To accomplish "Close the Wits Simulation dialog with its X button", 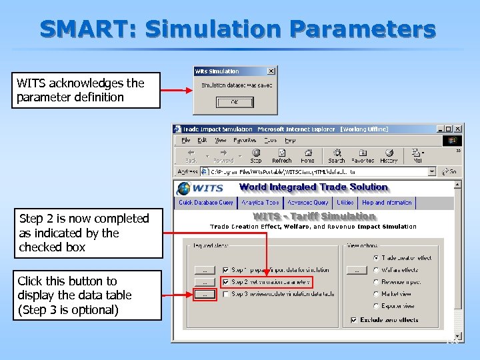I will tap(271, 71).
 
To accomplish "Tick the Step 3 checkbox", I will tap(226, 294).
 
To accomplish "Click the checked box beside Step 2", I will tap(226, 282).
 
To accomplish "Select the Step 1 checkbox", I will tap(226, 270).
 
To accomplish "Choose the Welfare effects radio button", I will tap(377, 270).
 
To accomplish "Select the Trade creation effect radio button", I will tap(377, 257).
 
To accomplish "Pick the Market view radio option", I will tap(377, 294).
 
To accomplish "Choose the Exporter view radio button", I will tap(377, 306).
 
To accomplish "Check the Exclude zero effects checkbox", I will tap(353, 320).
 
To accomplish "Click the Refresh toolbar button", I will tap(281, 155).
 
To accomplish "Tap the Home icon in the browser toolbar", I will tap(307, 155).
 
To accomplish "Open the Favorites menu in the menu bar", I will tap(245, 141).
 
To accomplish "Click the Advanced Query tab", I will tap(307, 203).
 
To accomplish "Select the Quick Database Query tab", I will tap(205, 203).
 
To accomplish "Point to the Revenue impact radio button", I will tap(377, 282).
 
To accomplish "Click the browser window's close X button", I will tap(457, 129).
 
